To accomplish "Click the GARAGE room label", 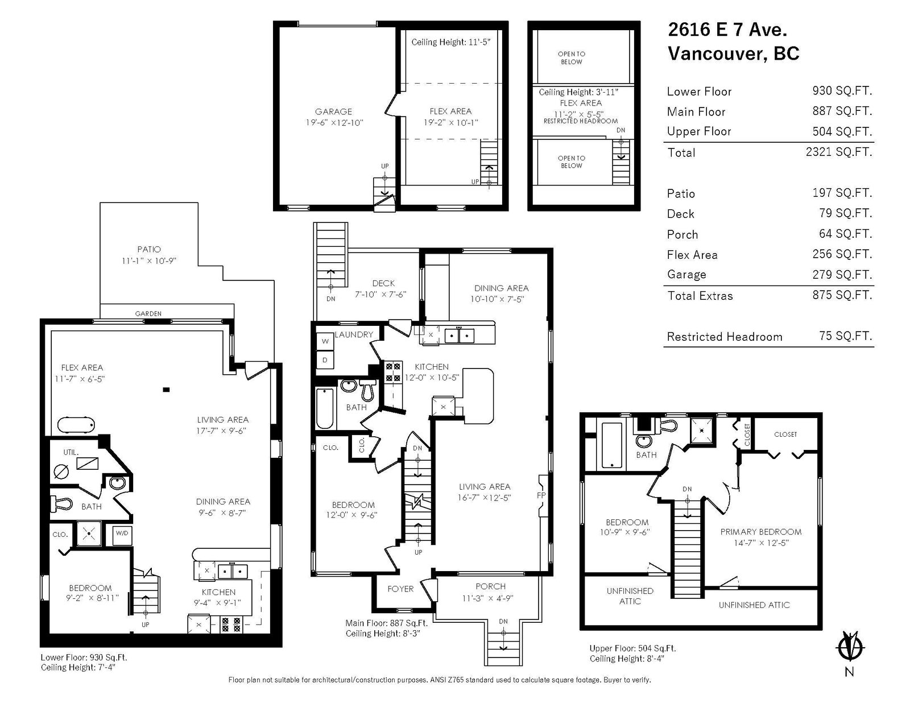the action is pos(333,112).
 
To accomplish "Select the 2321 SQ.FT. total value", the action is pos(839,151).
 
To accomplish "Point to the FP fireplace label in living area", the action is pos(541,495).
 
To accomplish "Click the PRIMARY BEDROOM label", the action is pos(761,532).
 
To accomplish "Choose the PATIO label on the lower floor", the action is pos(149,249).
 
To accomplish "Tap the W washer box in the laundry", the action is pos(325,341).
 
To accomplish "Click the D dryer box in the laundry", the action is pos(325,359).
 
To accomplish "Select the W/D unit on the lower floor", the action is pos(122,534).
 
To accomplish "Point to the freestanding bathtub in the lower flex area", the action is pos(76,425).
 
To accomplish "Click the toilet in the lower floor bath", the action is pos(61,504).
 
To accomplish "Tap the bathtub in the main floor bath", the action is pos(325,408).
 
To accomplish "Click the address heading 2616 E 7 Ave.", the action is pos(727,30).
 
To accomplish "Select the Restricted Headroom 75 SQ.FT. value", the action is pos(846,336).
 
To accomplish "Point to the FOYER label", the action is pos(400,589).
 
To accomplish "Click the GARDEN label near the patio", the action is pos(148,313).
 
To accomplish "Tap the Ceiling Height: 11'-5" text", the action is pos(450,42).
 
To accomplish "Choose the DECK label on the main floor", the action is pos(383,283).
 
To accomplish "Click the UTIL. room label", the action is pos(71,452).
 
